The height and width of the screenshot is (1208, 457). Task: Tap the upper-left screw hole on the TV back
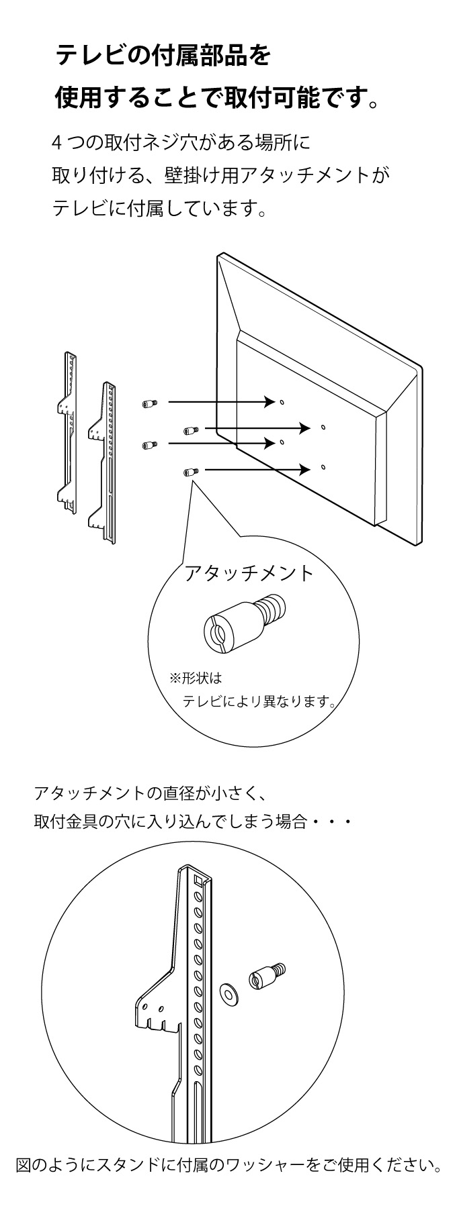pos(282,403)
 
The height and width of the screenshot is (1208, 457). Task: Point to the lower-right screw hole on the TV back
pos(323,466)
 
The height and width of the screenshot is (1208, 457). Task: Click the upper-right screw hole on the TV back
pos(323,427)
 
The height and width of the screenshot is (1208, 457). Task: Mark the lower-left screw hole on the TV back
pos(282,442)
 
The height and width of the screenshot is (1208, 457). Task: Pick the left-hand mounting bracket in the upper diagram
pos(68,431)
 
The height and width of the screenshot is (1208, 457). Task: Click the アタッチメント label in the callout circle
pos(249,572)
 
